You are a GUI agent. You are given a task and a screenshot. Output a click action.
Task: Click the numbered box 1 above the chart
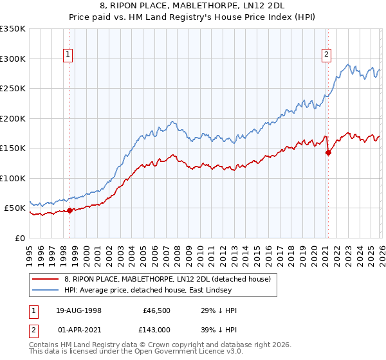pos(68,55)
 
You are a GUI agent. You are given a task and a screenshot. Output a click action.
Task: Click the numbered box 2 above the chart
pos(327,55)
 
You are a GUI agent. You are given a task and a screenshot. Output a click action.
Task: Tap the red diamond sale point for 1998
pos(69,210)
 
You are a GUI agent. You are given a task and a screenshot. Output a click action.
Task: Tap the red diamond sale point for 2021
pos(328,152)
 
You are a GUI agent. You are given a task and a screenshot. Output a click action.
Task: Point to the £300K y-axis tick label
pos(13,59)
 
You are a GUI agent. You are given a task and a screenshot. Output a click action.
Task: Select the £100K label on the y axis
pos(13,178)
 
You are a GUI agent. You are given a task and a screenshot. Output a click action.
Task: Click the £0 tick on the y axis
pos(21,238)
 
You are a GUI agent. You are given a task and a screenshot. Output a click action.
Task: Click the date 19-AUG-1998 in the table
pos(78,310)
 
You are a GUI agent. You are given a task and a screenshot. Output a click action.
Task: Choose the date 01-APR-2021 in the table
pos(78,328)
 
